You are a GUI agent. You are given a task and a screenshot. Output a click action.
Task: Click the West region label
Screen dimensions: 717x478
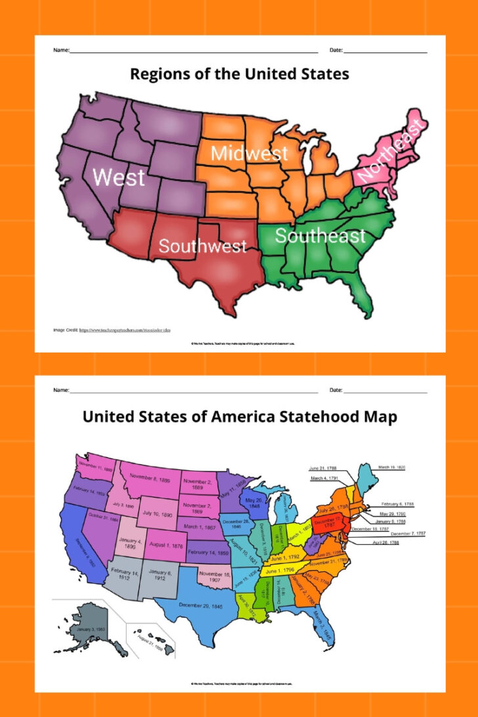tap(119, 177)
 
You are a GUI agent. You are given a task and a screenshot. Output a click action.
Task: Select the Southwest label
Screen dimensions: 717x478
tap(202, 246)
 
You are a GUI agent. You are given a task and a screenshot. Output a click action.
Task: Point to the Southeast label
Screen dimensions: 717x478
tap(320, 236)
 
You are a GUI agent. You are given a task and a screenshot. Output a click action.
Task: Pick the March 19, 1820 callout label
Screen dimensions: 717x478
tap(392, 467)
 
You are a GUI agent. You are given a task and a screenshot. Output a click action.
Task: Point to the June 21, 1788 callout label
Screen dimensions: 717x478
tap(322, 468)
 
